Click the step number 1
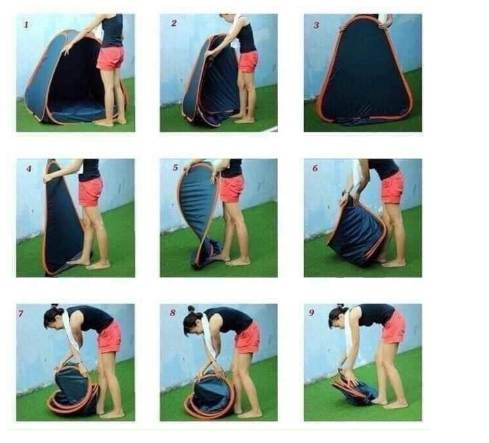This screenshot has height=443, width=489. click(x=26, y=24)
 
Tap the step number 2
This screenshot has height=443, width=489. click(x=174, y=23)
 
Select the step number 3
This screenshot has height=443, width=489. click(x=316, y=25)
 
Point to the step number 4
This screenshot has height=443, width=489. click(x=29, y=169)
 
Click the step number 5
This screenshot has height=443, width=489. click(x=175, y=168)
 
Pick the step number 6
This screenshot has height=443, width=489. click(x=315, y=168)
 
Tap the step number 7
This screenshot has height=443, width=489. click(x=21, y=313)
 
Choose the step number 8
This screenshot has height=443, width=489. click(x=173, y=312)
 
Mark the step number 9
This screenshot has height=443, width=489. click(x=311, y=313)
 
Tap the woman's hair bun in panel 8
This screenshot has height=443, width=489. click(x=191, y=309)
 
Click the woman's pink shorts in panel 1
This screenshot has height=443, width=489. click(x=110, y=58)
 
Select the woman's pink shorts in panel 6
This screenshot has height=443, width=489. click(x=392, y=187)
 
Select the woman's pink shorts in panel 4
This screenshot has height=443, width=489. click(x=91, y=192)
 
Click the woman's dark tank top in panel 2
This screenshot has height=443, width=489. click(x=247, y=38)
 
